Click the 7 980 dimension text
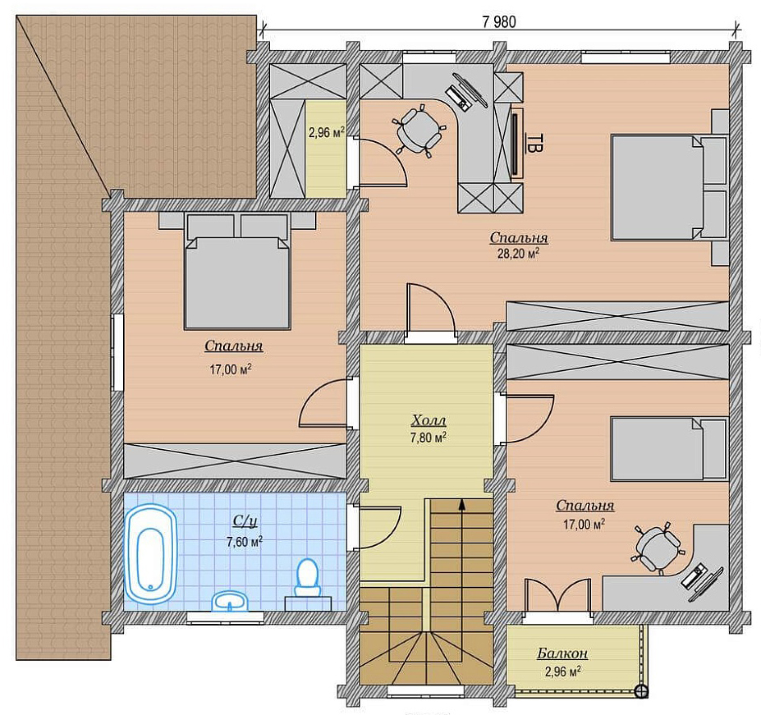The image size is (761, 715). pyautogui.click(x=499, y=21)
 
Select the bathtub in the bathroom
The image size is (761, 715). pyautogui.click(x=151, y=553)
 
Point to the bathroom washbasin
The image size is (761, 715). pyautogui.click(x=230, y=601)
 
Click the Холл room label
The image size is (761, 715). pyautogui.click(x=429, y=421)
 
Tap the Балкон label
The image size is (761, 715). pyautogui.click(x=562, y=653)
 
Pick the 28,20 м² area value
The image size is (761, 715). pyautogui.click(x=518, y=254)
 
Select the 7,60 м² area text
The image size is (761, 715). pyautogui.click(x=244, y=542)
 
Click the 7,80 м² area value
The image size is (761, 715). pyautogui.click(x=429, y=438)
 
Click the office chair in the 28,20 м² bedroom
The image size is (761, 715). pyautogui.click(x=418, y=130)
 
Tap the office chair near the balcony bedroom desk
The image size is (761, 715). pyautogui.click(x=657, y=548)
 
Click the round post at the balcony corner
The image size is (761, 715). pyautogui.click(x=641, y=691)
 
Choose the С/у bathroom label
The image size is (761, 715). pyautogui.click(x=245, y=521)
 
